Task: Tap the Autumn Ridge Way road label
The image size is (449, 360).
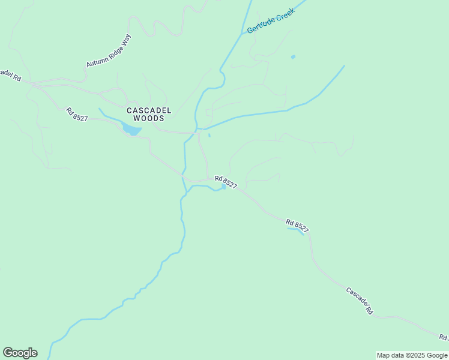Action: click(x=109, y=50)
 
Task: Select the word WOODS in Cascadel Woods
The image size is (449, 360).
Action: click(x=149, y=118)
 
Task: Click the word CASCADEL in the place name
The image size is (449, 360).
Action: click(x=149, y=110)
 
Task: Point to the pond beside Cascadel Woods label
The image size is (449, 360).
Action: click(x=131, y=130)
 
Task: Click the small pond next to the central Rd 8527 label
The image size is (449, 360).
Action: click(x=224, y=187)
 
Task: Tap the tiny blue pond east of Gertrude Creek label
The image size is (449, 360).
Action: click(x=293, y=57)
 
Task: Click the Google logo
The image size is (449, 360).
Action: click(x=20, y=353)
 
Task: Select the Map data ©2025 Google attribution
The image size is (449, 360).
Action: click(x=412, y=355)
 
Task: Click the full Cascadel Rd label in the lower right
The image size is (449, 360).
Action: click(x=360, y=301)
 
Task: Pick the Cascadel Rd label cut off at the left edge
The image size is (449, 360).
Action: click(x=10, y=75)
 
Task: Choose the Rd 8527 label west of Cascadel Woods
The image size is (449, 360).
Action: click(x=77, y=114)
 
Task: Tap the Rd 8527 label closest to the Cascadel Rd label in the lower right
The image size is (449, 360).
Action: click(x=297, y=225)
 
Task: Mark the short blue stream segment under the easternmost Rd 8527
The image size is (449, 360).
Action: click(x=296, y=230)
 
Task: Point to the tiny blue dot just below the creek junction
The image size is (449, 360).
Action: click(x=209, y=135)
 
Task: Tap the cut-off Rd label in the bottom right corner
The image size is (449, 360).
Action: click(x=443, y=338)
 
